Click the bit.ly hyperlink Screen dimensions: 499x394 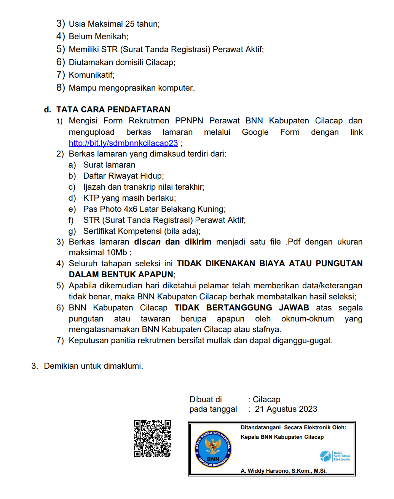pyautogui.click(x=123, y=143)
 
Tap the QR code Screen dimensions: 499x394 pyautogui.click(x=152, y=438)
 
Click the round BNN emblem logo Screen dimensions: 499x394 pyautogui.click(x=213, y=449)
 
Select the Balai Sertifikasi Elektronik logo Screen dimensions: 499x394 pyautogui.click(x=335, y=456)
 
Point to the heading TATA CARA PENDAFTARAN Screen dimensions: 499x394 pyautogui.click(x=113, y=110)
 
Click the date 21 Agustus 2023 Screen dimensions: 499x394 pyautogui.click(x=286, y=409)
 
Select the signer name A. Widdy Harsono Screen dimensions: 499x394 pyautogui.click(x=284, y=471)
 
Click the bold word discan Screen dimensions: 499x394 pyautogui.click(x=147, y=242)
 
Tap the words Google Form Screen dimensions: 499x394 pyautogui.click(x=271, y=132)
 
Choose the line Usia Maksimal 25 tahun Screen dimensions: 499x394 pyautogui.click(x=114, y=24)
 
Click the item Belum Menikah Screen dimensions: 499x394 pyautogui.click(x=98, y=37)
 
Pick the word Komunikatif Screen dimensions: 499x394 pyautogui.click(x=91, y=75)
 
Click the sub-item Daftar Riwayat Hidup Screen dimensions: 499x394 pyautogui.click(x=123, y=176)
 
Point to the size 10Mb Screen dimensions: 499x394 pyautogui.click(x=117, y=253)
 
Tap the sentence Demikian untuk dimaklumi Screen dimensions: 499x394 pyautogui.click(x=93, y=366)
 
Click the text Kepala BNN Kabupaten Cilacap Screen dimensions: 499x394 pyautogui.click(x=282, y=437)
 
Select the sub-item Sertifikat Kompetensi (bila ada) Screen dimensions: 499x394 pyautogui.click(x=142, y=231)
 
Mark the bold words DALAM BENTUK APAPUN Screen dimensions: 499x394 pyautogui.click(x=121, y=275)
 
